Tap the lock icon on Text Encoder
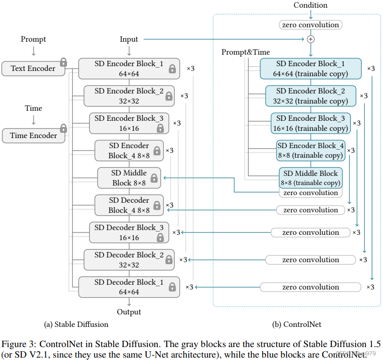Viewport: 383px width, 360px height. [x=63, y=62]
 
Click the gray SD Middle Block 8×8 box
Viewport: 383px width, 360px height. [x=129, y=178]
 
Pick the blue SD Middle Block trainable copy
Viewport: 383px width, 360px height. [x=311, y=178]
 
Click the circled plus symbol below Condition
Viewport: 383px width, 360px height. [x=311, y=39]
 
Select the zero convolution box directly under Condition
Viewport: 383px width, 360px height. [x=311, y=25]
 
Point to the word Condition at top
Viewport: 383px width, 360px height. [x=310, y=5]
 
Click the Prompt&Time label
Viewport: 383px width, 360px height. [x=245, y=52]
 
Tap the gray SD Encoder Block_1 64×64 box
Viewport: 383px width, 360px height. [x=129, y=69]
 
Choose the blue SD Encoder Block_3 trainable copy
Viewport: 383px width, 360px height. [x=311, y=123]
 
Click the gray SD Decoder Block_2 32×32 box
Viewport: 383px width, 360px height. [x=129, y=260]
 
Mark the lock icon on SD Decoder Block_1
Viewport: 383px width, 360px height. [x=172, y=287]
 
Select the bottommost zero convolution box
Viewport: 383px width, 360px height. [x=310, y=287]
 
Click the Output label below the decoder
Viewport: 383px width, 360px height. [x=129, y=312]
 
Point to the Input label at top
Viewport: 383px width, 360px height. [x=129, y=39]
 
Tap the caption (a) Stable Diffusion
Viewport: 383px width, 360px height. [x=76, y=325]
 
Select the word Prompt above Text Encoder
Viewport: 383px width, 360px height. [x=33, y=39]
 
